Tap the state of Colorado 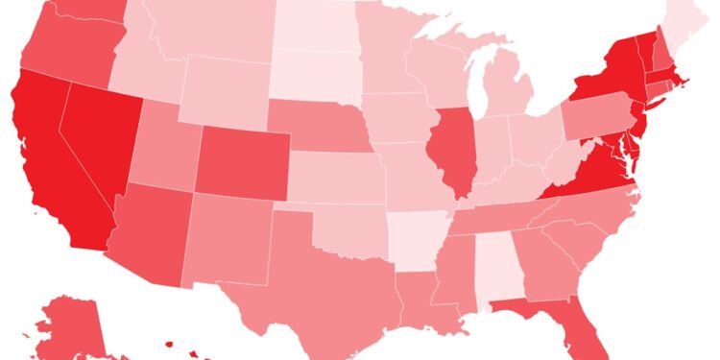click(240, 158)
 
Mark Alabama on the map click(492, 264)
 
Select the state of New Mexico click(230, 240)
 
